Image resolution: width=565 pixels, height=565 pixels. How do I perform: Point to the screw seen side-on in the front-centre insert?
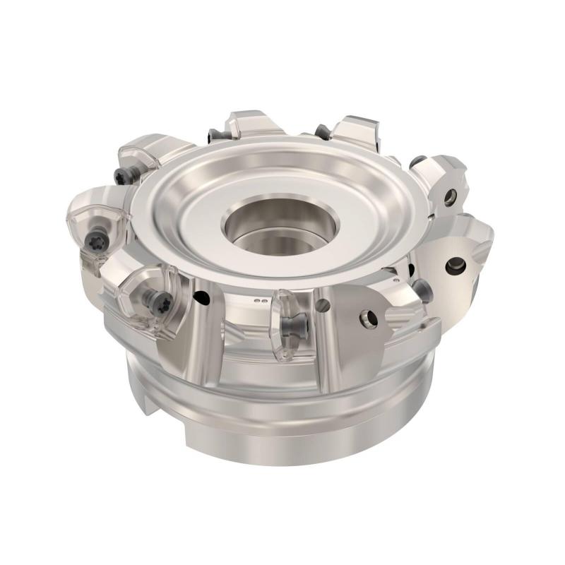[x=292, y=326]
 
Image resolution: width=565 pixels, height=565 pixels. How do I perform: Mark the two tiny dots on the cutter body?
[x=263, y=301]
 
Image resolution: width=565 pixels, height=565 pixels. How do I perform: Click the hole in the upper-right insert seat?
[x=450, y=199]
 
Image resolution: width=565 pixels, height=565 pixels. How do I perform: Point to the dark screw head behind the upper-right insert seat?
[x=417, y=162]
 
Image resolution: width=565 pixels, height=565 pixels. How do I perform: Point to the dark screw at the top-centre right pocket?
[x=321, y=131]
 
